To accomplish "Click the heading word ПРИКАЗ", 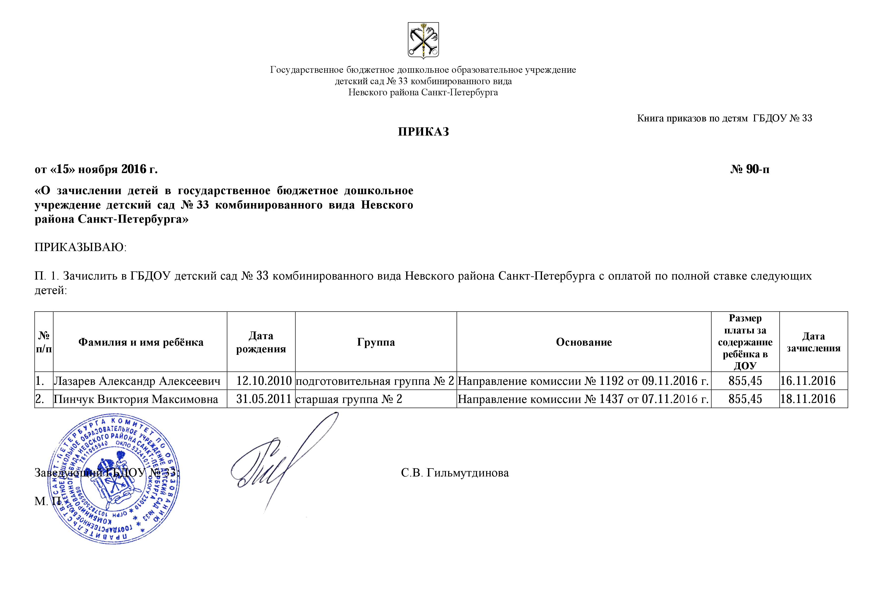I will pyautogui.click(x=423, y=132).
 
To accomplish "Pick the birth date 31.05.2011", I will pyautogui.click(x=264, y=399).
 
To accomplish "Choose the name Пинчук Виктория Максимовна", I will pyautogui.click(x=136, y=399).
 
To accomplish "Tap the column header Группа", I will pyautogui.click(x=376, y=342).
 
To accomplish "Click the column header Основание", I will pyautogui.click(x=583, y=342).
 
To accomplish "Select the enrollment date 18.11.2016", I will pyautogui.click(x=808, y=399).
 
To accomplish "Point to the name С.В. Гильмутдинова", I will pyautogui.click(x=454, y=473).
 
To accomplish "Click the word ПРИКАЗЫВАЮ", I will pyautogui.click(x=80, y=247).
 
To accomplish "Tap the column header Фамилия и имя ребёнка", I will pyautogui.click(x=141, y=342).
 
